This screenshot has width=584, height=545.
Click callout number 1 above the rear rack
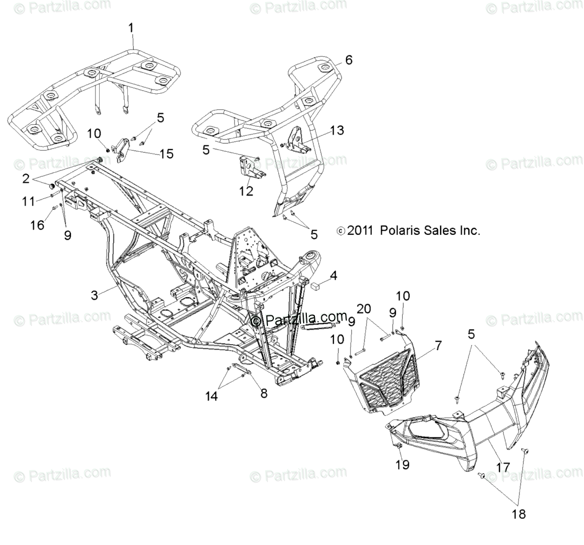[132, 27]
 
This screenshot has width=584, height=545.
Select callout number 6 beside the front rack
[348, 60]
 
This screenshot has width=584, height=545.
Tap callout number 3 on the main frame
[94, 295]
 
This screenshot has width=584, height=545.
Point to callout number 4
[333, 275]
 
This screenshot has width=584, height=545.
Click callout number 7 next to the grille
[437, 345]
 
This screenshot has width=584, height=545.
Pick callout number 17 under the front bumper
[502, 467]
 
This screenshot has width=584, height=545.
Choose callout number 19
[402, 465]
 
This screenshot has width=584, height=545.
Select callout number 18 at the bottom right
[518, 514]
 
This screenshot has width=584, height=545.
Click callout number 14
[212, 395]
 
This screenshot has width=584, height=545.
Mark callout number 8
[264, 393]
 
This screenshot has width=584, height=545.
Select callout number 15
[166, 154]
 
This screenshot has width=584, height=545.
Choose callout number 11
[28, 200]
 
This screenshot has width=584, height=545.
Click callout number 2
[26, 179]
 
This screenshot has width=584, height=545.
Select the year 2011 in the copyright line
[361, 231]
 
